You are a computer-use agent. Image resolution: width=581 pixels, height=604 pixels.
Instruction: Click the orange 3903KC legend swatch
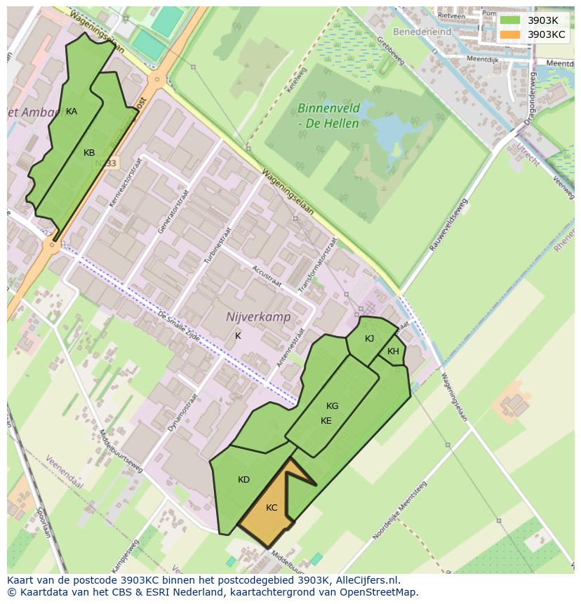point(510,34)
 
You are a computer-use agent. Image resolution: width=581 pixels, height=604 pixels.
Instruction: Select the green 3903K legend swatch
point(510,20)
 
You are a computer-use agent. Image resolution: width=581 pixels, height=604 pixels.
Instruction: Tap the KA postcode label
point(72,112)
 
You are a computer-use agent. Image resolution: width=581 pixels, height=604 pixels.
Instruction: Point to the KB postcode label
point(89,153)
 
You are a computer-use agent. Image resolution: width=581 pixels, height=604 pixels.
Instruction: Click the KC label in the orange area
point(272,508)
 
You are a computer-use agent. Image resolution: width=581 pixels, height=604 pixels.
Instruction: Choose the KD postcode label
point(243,480)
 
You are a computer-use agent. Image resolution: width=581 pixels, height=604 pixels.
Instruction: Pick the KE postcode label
point(326,421)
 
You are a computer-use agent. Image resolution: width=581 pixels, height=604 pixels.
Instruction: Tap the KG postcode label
point(332,405)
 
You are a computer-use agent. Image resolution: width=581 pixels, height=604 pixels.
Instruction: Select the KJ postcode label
point(369,338)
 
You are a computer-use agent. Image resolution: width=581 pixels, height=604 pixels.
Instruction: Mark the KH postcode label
point(393,351)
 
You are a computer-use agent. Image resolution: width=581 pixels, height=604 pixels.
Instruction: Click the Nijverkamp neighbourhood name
point(258,317)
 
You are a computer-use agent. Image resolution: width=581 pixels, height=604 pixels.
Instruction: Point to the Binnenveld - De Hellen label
point(328,116)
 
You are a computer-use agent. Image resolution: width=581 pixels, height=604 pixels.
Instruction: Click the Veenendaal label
point(65,474)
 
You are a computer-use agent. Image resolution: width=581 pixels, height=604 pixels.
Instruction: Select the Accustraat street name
point(266,276)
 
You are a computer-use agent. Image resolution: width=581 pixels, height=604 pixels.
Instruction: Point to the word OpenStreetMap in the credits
point(379,592)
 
